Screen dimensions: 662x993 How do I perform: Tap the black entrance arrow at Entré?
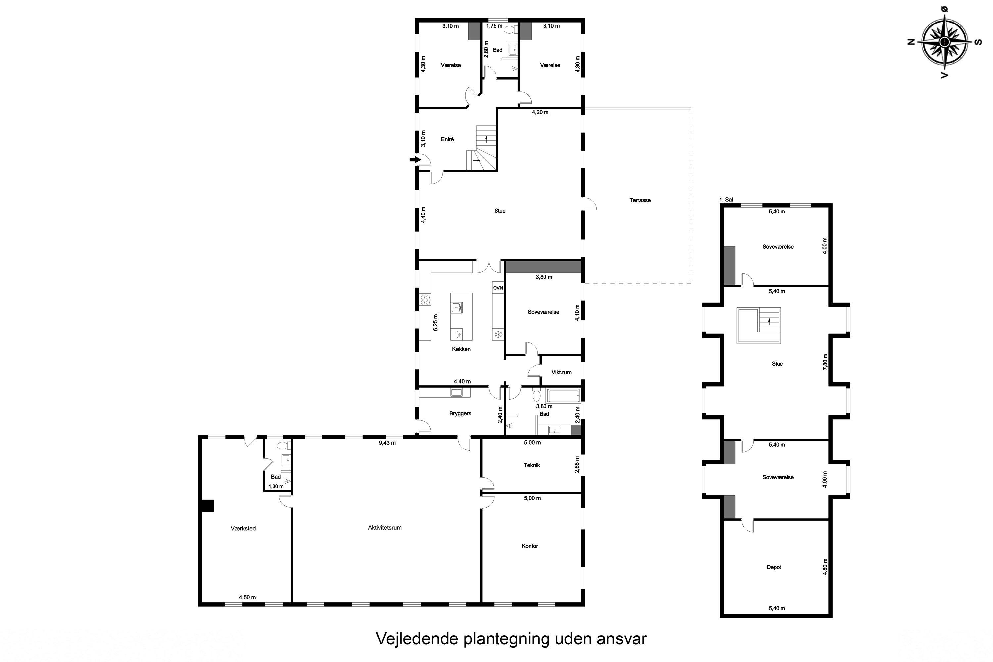(415, 160)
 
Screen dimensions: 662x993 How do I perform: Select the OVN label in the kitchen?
(498, 288)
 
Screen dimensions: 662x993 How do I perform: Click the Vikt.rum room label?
(561, 372)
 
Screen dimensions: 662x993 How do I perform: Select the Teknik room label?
(532, 465)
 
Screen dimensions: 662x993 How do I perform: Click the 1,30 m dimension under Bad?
(276, 486)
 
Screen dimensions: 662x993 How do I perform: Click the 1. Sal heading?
(726, 200)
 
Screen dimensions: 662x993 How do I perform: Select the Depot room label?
(774, 567)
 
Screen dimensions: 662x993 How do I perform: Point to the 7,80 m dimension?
(825, 362)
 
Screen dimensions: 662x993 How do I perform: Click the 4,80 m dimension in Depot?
(825, 567)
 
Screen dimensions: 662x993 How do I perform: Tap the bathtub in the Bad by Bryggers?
(563, 396)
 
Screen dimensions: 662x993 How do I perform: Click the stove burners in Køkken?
(425, 300)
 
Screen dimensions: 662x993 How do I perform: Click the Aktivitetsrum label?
(384, 528)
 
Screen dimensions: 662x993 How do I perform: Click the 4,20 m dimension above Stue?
(540, 112)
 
